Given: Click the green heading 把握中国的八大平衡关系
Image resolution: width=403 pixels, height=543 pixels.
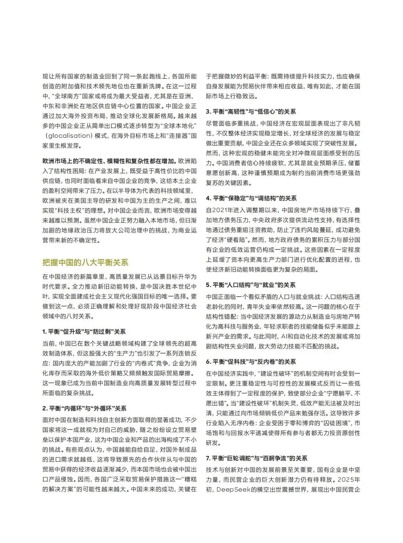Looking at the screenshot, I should (x=85, y=262).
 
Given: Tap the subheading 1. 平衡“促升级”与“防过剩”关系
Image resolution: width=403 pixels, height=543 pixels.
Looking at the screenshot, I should (x=84, y=332).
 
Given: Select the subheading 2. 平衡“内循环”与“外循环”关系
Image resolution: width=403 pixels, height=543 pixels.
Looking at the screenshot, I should (x=84, y=408).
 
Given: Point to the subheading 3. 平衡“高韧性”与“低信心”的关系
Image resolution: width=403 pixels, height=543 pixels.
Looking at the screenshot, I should (x=251, y=112).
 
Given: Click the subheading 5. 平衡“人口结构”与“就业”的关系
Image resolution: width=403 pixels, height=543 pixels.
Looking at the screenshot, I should (x=251, y=285).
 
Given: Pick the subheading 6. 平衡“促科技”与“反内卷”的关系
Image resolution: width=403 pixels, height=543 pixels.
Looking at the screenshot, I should (x=251, y=362).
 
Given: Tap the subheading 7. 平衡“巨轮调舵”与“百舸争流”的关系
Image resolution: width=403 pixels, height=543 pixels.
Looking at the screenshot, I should (x=257, y=458).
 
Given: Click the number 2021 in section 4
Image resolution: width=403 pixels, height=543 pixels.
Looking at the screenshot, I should (x=220, y=209).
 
